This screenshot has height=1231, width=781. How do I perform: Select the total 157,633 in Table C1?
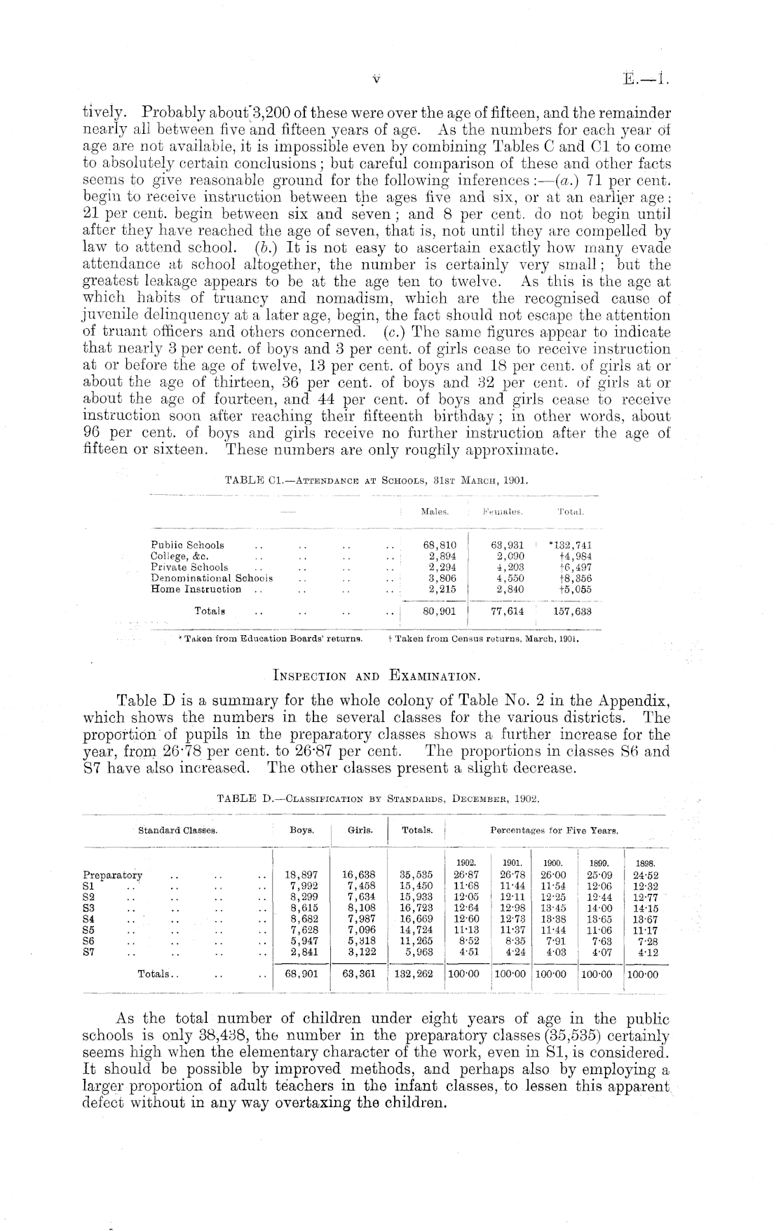(x=572, y=611)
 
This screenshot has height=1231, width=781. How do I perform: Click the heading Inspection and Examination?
(x=376, y=676)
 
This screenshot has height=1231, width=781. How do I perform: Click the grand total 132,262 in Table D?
(x=416, y=974)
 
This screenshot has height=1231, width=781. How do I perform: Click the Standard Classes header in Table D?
(x=177, y=830)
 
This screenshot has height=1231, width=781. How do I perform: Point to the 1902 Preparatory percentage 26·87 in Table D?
(x=466, y=875)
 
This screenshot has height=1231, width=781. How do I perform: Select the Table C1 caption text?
(x=375, y=482)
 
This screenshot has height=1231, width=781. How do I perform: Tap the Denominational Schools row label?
(x=212, y=578)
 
